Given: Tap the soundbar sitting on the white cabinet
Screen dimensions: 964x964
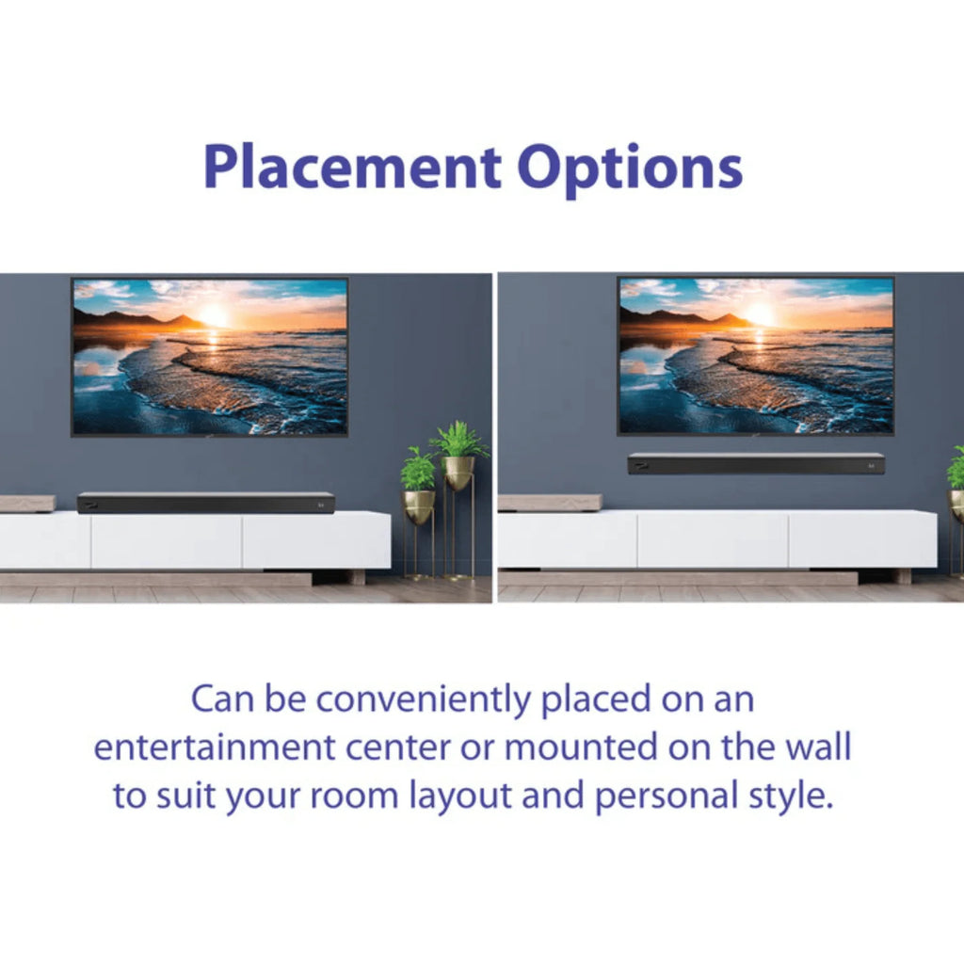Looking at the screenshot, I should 205,503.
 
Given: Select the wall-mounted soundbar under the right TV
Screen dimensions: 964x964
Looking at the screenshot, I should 756,463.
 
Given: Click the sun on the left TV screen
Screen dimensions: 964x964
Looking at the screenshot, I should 215,316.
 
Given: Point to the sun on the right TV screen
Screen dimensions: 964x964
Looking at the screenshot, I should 760,315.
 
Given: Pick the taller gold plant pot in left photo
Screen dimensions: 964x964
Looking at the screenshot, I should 459,472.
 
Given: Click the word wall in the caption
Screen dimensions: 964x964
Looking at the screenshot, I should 818,748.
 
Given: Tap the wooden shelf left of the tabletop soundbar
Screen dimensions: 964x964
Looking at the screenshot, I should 26,504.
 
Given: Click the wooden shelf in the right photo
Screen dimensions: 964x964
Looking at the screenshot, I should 550,503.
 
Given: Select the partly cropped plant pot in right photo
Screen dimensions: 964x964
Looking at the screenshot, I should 956,504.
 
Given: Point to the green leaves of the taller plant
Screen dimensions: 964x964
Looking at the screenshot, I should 459,439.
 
